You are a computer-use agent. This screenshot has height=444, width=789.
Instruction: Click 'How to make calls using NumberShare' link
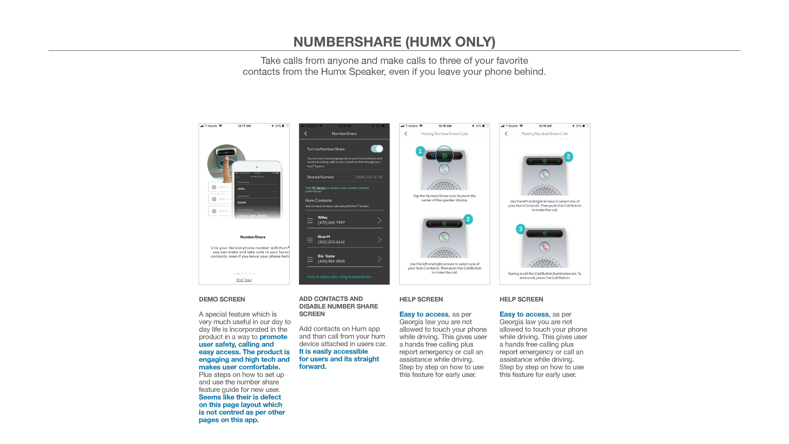tap(339, 277)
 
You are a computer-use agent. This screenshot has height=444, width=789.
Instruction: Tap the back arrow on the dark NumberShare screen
tap(305, 134)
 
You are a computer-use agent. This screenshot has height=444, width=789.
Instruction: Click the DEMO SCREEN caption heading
tap(222, 299)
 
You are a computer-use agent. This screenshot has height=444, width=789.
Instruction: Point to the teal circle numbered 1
tap(420, 151)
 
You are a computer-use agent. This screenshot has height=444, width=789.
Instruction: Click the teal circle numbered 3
tap(520, 229)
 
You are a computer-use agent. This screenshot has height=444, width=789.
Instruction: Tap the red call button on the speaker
tap(544, 247)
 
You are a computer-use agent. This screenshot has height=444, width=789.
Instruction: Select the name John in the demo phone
tap(241, 189)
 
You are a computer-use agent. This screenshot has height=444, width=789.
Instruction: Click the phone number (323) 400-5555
tap(252, 216)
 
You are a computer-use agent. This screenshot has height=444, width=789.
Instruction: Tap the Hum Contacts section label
tap(318, 200)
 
